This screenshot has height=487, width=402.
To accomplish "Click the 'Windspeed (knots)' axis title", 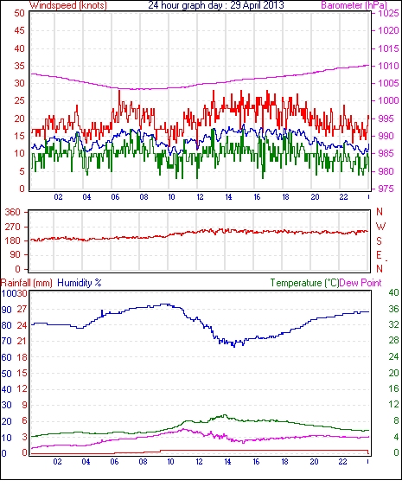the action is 68,5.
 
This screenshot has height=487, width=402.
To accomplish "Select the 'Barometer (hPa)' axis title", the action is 354,5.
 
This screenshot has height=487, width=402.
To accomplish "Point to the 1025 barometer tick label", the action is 388,13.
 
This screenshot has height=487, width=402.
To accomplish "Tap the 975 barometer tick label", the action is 386,189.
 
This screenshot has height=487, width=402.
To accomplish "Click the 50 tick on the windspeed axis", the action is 19,13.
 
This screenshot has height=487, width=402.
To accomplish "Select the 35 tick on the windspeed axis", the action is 19,66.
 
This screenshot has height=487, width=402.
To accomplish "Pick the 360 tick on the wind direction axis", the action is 13,212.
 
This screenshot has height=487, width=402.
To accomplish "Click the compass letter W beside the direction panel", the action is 380,227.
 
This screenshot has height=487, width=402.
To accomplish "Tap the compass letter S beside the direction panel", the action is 379,241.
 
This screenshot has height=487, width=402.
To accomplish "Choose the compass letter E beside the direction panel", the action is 379,255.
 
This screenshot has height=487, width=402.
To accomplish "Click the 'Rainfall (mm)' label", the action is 27,283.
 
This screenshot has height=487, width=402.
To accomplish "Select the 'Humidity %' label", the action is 80,283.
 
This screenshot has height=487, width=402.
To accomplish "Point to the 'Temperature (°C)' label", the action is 304,283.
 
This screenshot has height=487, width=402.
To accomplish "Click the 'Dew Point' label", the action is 361,283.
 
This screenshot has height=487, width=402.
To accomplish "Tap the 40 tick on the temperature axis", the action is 393,292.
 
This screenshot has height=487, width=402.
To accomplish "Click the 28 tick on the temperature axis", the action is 393,341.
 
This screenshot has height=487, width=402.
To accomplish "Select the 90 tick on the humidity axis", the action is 7,310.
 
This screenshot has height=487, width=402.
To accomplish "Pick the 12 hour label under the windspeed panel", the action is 200,197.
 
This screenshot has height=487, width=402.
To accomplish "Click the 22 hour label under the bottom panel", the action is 342,462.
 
